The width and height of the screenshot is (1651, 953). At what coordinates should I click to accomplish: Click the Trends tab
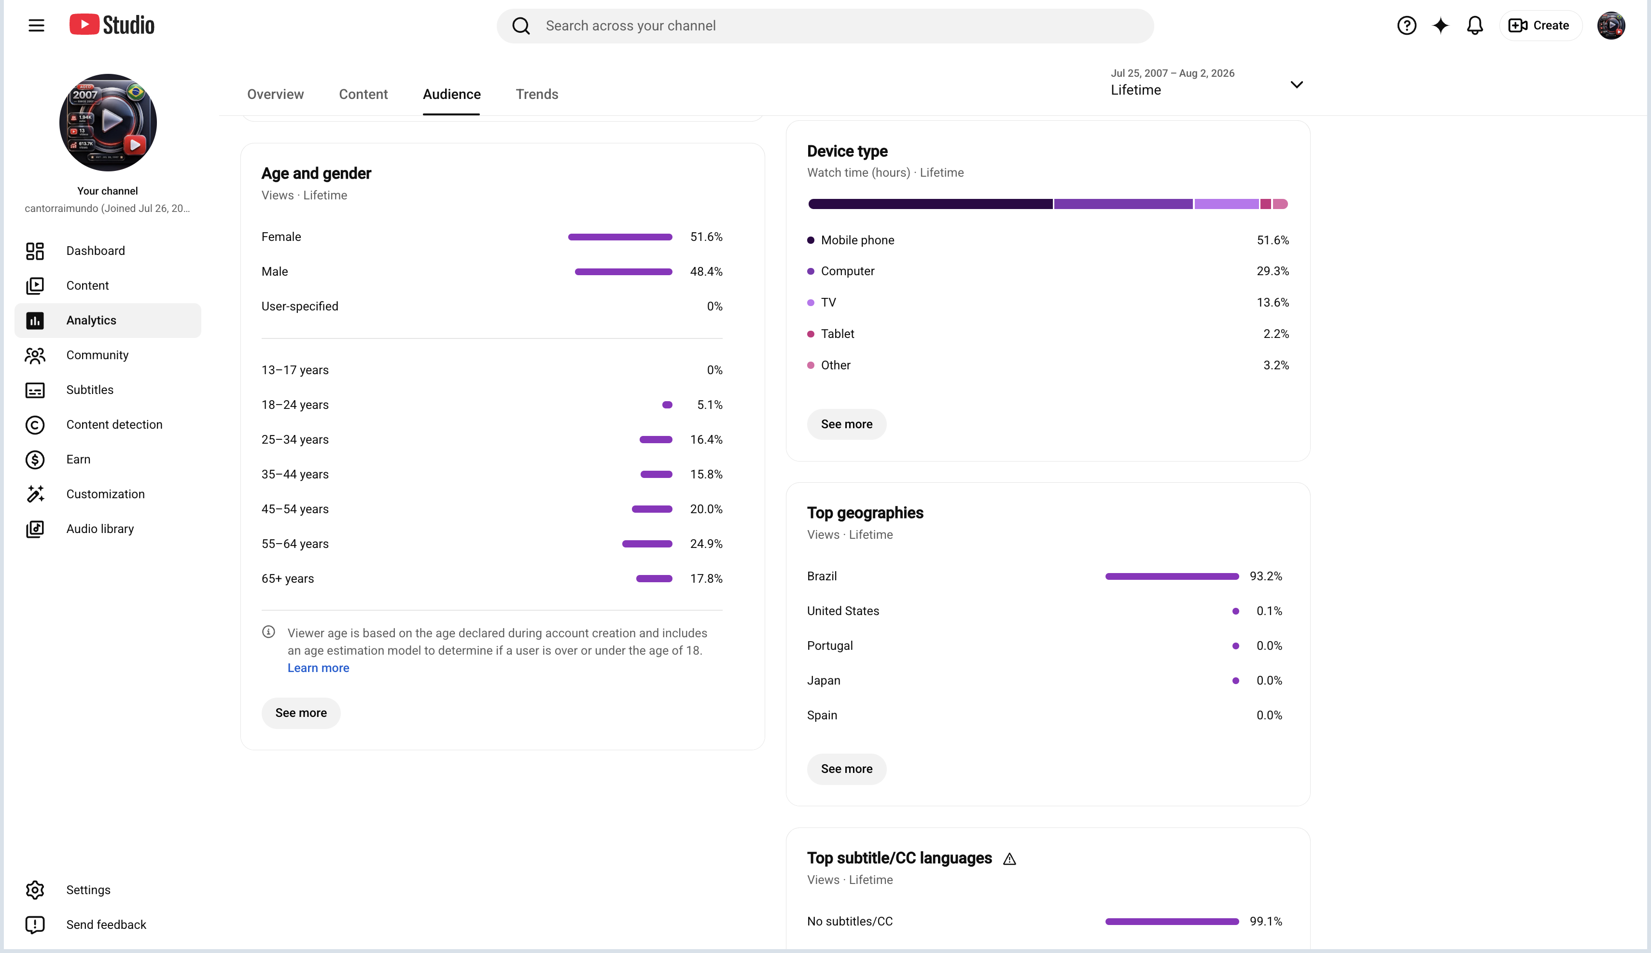pos(537,94)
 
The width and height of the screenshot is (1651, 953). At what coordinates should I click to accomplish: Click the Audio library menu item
pos(99,529)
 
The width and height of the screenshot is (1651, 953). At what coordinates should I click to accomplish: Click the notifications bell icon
pos(1475,26)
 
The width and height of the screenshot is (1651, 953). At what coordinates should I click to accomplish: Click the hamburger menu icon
pos(37,26)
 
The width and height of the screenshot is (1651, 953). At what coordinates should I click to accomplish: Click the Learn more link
pos(319,668)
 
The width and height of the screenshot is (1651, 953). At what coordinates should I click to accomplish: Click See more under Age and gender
pos(301,713)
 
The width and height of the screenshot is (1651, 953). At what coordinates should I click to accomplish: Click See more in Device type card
pos(847,424)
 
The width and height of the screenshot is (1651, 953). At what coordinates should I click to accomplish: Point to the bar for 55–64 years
pos(647,544)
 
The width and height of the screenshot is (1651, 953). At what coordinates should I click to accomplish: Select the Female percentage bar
pos(620,237)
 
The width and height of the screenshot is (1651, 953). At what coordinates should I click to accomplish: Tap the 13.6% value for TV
pos(1273,302)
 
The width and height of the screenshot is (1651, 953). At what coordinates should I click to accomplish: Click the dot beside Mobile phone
pos(811,240)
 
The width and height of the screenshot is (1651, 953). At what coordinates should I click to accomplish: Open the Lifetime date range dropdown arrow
pos(1296,84)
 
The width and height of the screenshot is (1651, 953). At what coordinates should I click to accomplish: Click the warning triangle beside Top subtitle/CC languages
pos(1010,859)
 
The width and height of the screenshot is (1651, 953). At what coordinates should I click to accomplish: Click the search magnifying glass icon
pos(521,26)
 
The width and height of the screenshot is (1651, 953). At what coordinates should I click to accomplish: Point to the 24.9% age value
pos(706,544)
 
